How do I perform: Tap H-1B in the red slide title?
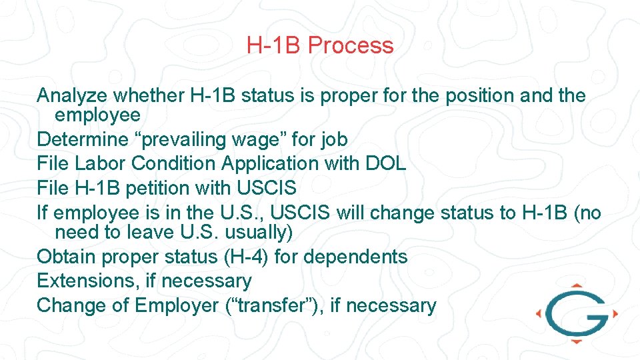click(274, 46)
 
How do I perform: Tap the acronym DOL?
click(383, 163)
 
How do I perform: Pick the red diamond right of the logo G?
click(615, 312)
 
